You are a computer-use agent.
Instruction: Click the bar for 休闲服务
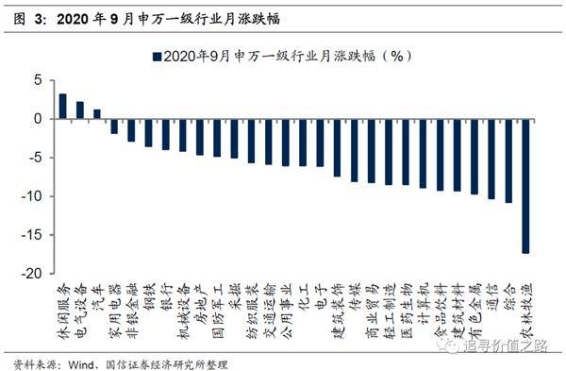pyautogui.click(x=63, y=107)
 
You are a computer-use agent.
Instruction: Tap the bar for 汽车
pyautogui.click(x=97, y=114)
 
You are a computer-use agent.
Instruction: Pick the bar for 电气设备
pyautogui.click(x=80, y=110)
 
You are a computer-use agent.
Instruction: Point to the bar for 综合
pyautogui.click(x=508, y=161)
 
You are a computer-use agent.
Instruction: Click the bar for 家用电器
pyautogui.click(x=114, y=126)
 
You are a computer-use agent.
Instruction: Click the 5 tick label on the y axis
pyautogui.click(x=40, y=81)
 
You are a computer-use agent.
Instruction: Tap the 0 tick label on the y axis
pyautogui.click(x=40, y=120)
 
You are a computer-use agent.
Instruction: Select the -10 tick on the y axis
pyautogui.click(x=35, y=196)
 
